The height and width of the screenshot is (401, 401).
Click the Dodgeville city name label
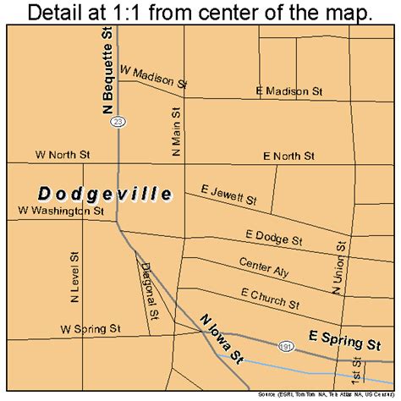(x=106, y=194)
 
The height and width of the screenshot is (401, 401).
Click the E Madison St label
(x=289, y=91)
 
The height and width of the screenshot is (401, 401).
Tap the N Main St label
(x=175, y=132)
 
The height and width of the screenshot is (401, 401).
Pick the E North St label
(x=288, y=156)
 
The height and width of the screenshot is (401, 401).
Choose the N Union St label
(x=339, y=269)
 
